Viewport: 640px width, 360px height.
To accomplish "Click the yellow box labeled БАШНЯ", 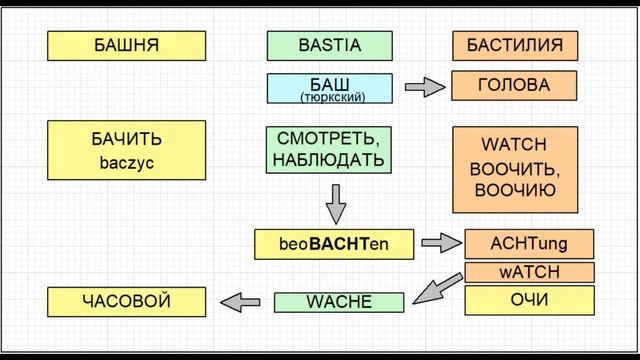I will (127, 45).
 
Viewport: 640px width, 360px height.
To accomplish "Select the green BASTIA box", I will (329, 45).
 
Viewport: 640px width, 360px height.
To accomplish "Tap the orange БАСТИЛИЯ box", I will (515, 45).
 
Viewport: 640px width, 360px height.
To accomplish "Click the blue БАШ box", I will (329, 87).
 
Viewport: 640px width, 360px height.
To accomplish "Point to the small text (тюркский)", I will (331, 97).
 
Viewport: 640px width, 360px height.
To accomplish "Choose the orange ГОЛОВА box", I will (515, 86).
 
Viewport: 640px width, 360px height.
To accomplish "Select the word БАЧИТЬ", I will (127, 138).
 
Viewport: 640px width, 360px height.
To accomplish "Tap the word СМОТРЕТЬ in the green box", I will (329, 138).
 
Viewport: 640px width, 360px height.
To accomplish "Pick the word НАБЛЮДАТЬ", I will (329, 159).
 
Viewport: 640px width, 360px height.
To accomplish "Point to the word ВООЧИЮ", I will (515, 190).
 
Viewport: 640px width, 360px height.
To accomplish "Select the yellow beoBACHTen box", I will (333, 243).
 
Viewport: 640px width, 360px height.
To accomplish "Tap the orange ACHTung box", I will (529, 243).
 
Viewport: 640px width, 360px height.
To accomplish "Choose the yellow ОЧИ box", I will (529, 300).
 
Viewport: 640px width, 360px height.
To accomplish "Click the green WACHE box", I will (338, 301).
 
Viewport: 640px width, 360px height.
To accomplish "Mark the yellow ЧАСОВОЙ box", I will (127, 300).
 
